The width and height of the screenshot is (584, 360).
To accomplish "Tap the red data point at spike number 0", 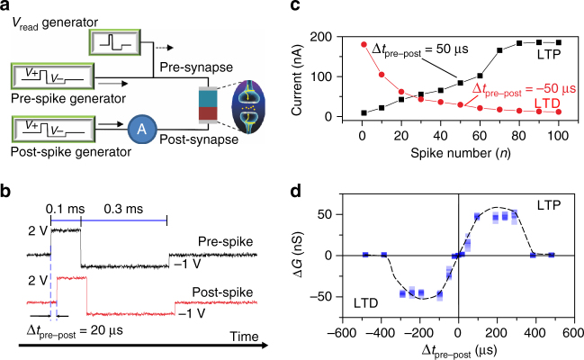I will pyautogui.click(x=362, y=44).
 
